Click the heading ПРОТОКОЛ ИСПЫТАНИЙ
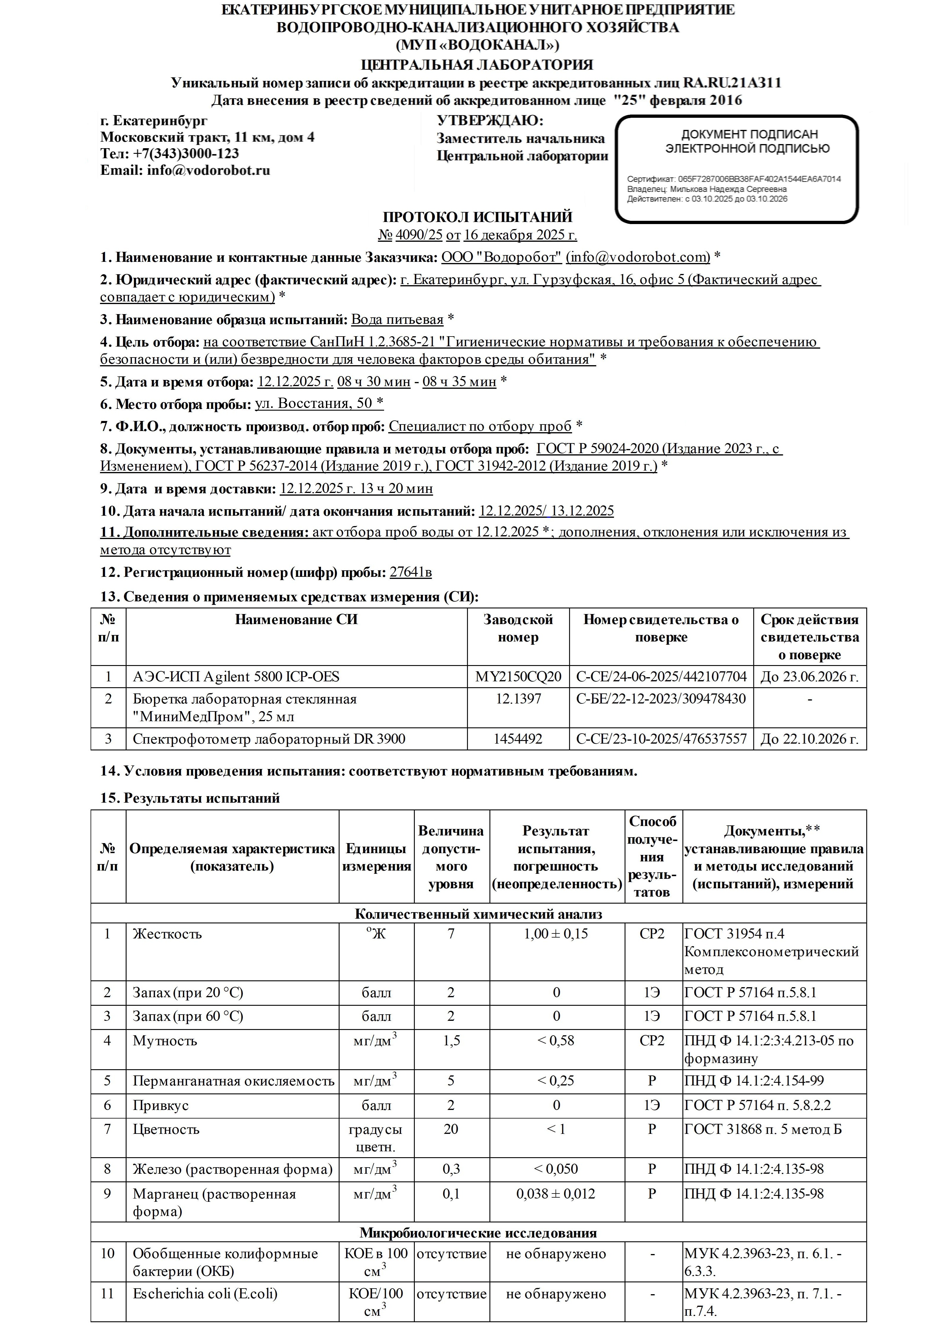tap(477, 217)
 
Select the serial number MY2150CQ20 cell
tap(518, 677)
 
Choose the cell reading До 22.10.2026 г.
tap(809, 739)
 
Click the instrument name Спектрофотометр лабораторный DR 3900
tap(269, 739)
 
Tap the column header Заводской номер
tap(518, 628)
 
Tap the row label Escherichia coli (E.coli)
tap(205, 1294)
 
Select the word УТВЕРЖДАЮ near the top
tap(489, 121)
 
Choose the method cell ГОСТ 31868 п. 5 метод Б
tap(763, 1129)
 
